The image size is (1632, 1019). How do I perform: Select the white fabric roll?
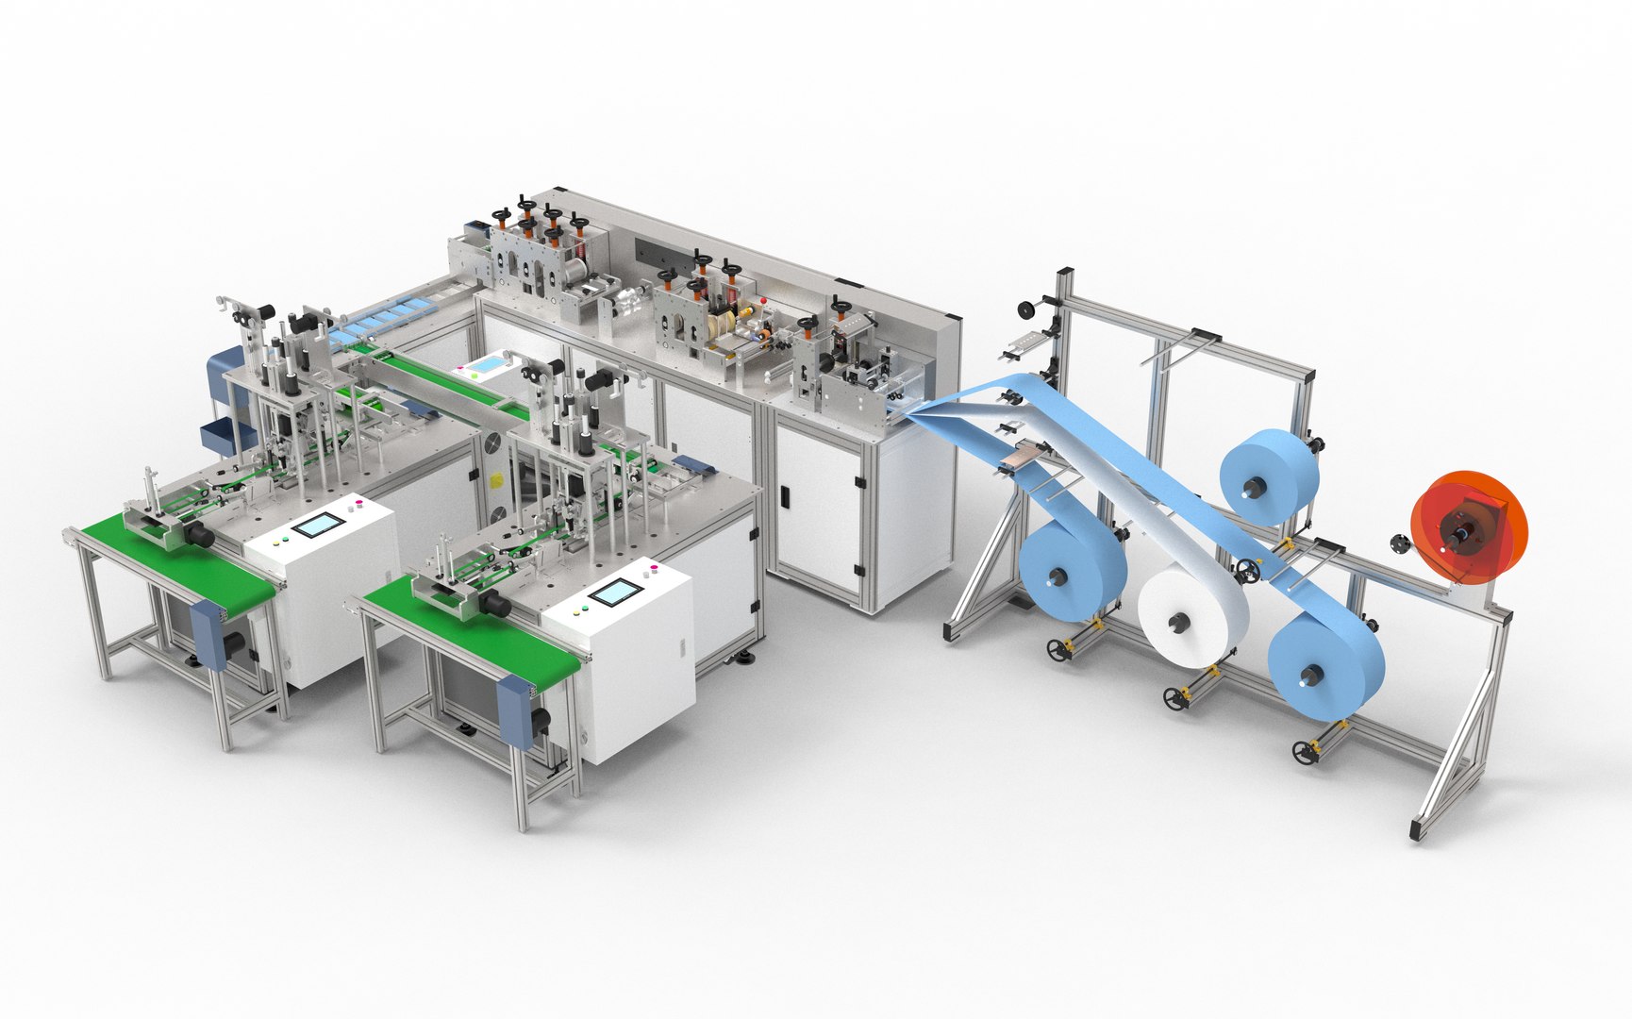tap(1191, 618)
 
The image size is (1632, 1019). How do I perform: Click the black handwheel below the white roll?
tap(1174, 699)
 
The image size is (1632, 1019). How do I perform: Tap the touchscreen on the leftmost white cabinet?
tap(317, 525)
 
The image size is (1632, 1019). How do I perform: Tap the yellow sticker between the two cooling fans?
tap(492, 478)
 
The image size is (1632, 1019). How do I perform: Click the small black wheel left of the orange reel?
tap(1398, 543)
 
